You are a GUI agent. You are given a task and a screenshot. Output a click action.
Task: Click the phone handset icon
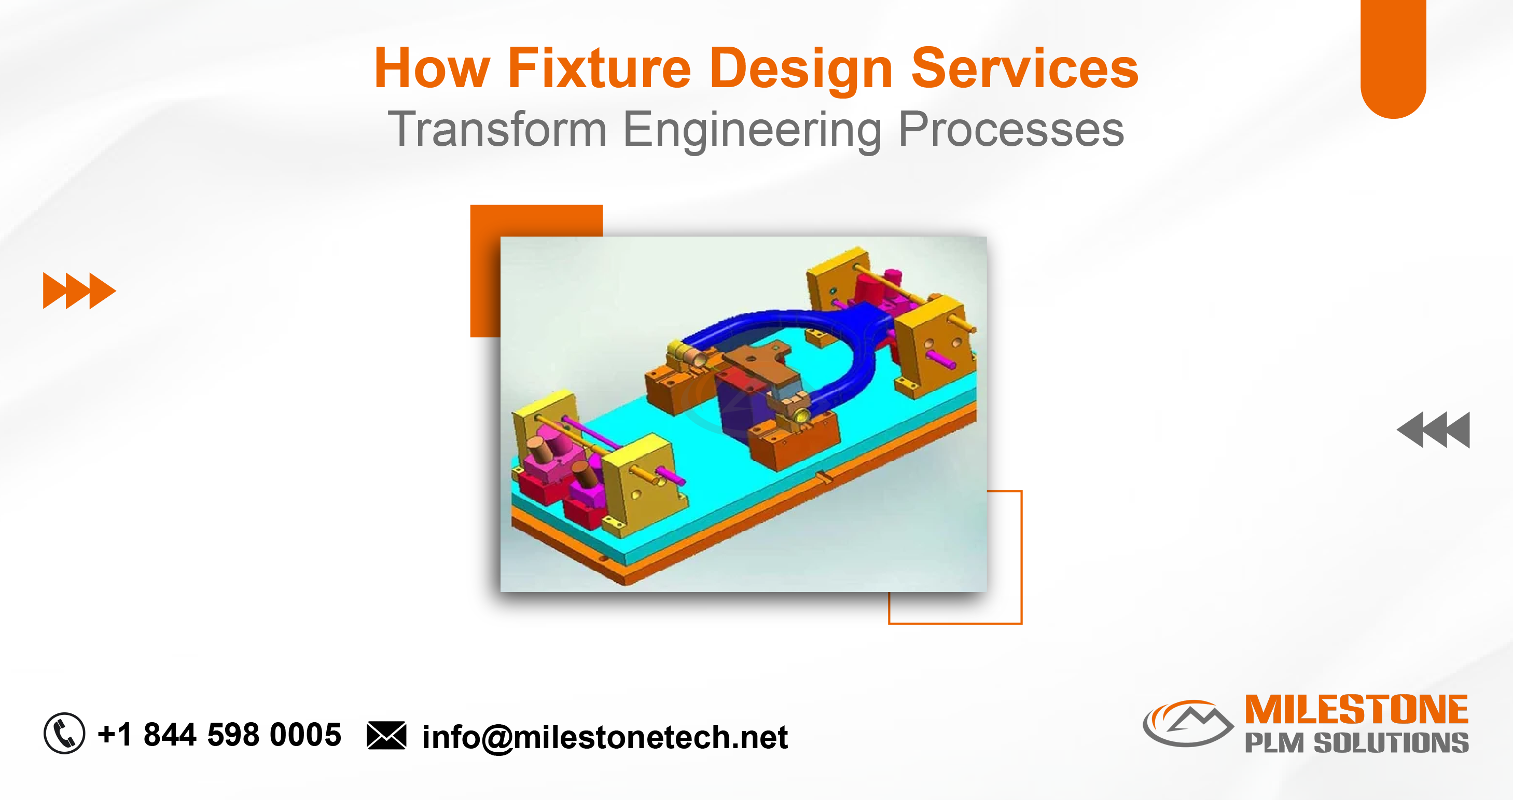pyautogui.click(x=65, y=733)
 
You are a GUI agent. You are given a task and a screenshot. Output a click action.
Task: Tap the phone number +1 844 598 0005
pyautogui.click(x=219, y=734)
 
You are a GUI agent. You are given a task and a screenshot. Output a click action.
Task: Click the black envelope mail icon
pyautogui.click(x=386, y=735)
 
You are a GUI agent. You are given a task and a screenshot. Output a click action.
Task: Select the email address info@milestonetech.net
pyautogui.click(x=605, y=737)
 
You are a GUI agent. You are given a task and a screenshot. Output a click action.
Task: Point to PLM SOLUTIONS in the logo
pyautogui.click(x=1357, y=742)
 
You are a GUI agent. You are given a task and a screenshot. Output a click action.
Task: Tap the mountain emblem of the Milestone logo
pyautogui.click(x=1188, y=723)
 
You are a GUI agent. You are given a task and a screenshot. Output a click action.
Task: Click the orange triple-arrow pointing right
pyautogui.click(x=79, y=290)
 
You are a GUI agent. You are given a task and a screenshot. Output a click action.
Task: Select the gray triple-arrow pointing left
pyautogui.click(x=1433, y=430)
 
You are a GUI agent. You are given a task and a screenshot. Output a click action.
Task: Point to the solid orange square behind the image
pyautogui.click(x=484, y=270)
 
